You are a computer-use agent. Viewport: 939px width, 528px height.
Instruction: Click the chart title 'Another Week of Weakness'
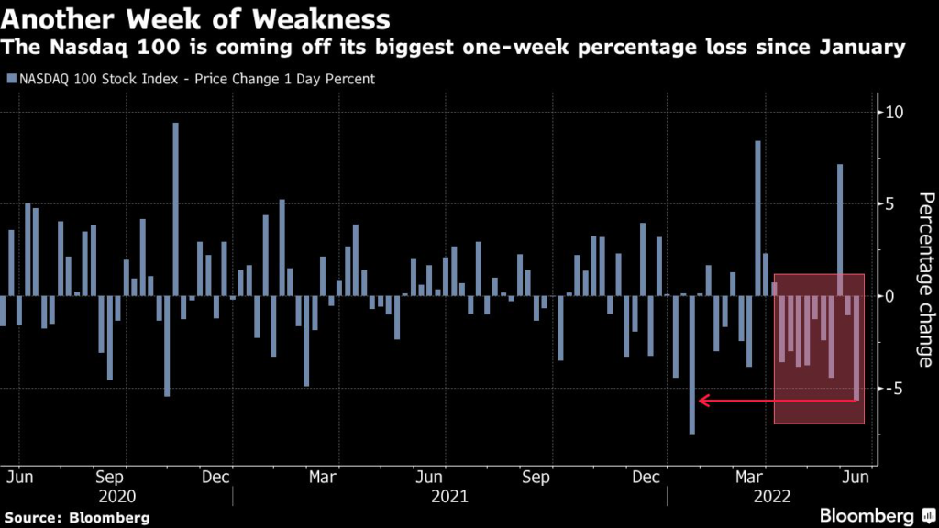point(196,18)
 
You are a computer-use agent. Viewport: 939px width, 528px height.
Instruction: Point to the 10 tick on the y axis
point(894,112)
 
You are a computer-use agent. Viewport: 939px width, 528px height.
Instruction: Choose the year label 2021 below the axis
point(448,496)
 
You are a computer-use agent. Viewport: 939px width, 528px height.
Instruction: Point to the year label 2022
point(769,496)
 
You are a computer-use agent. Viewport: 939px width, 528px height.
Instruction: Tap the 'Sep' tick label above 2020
point(110,478)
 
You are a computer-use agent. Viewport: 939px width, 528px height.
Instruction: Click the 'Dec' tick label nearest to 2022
point(646,478)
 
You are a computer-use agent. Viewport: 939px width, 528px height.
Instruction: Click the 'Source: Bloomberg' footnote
point(75,517)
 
